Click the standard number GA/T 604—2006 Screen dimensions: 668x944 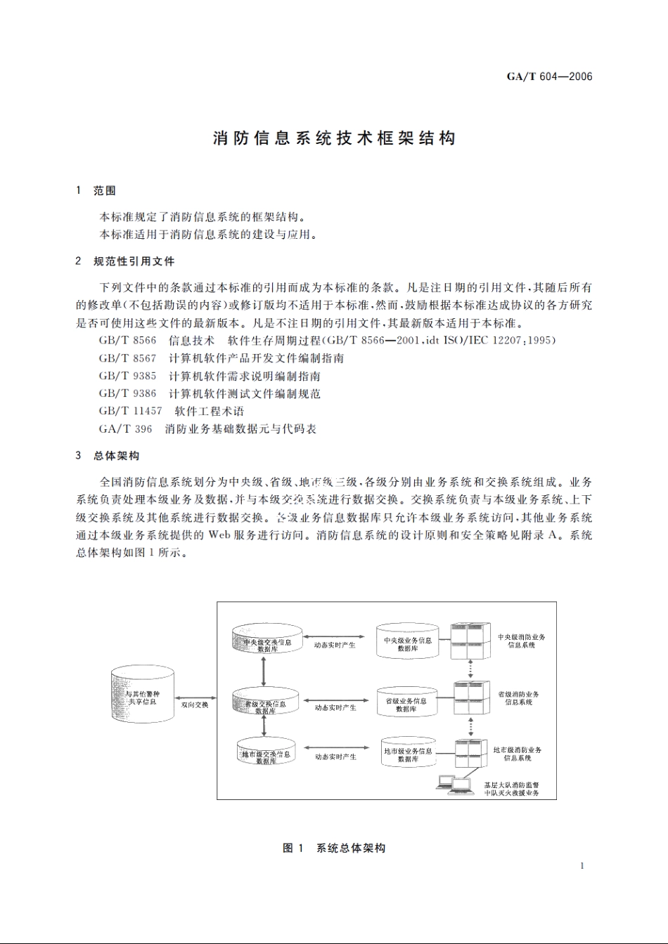pos(549,77)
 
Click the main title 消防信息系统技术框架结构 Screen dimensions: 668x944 pos(334,138)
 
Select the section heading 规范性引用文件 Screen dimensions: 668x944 pos(134,261)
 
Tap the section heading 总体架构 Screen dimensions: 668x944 pos(116,456)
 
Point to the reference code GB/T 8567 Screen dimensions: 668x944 pos(127,358)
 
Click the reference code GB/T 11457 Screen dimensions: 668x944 pos(130,411)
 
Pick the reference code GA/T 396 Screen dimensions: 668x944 pos(125,428)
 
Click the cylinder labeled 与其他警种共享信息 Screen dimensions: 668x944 pos(142,695)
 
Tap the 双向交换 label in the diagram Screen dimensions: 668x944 pos(195,704)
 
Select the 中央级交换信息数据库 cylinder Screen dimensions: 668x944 pos(267,641)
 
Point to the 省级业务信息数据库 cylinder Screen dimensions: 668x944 pos(406,703)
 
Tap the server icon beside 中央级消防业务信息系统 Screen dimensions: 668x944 pos(469,641)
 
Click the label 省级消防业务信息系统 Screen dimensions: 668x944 pos(518,698)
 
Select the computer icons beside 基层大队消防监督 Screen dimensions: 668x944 pos(455,784)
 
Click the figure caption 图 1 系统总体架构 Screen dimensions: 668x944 pos(334,848)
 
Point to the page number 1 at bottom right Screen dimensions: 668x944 pos(582,865)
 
